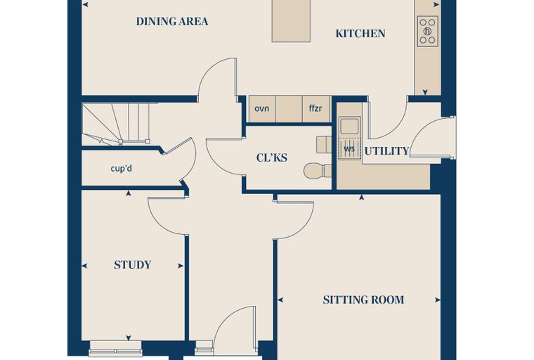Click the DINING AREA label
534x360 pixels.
pos(172,22)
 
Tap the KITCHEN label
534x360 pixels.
pos(360,34)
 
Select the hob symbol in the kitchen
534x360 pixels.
pos(427,32)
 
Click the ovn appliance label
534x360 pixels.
pos(261,109)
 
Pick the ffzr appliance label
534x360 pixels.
pos(315,108)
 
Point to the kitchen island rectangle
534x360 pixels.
pos(291,21)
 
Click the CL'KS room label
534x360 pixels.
pos(271,157)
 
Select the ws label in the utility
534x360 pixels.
pos(349,149)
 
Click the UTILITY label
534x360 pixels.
pos(386,151)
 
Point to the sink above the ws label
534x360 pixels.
pos(349,125)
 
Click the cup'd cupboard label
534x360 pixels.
pos(122,169)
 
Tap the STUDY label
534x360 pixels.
pos(133,265)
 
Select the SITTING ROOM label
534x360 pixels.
pos(363,300)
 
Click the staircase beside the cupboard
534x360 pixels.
pos(116,124)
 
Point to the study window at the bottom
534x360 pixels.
pos(115,349)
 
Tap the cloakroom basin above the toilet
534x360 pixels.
pos(324,145)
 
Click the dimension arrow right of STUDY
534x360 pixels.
pos(181,266)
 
